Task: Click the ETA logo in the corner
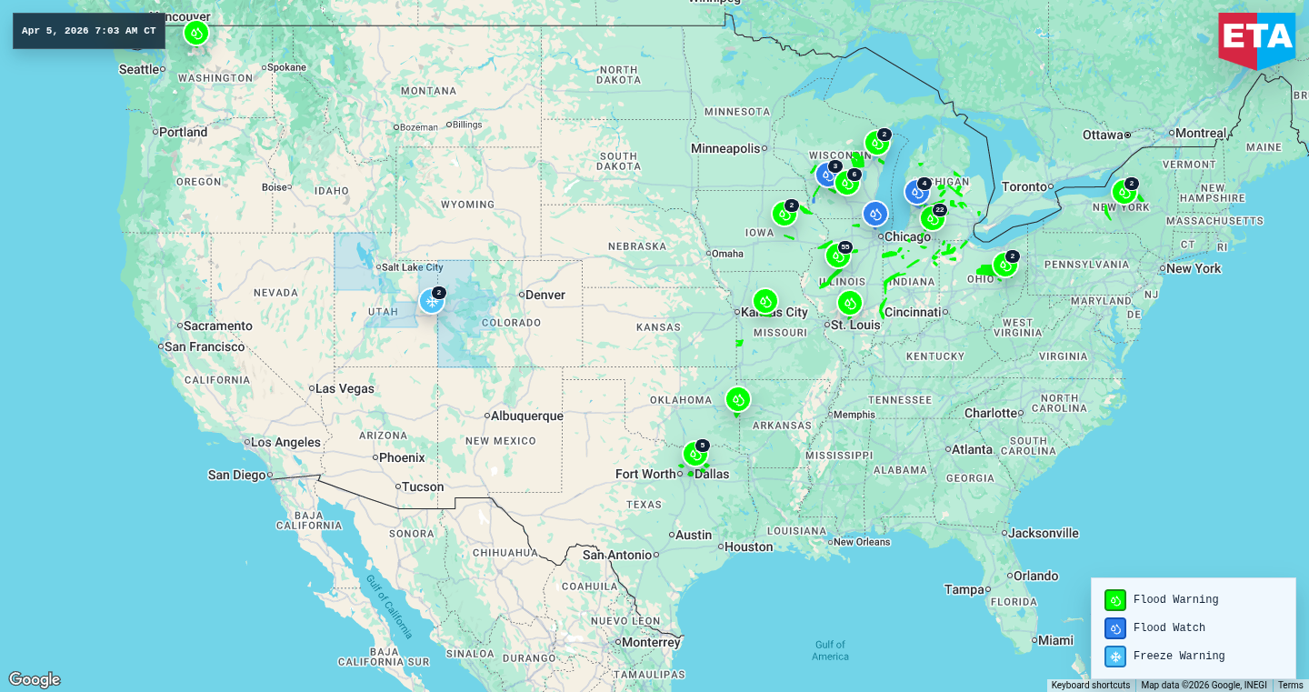pyautogui.click(x=1256, y=39)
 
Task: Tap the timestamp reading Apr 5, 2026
pyautogui.click(x=88, y=31)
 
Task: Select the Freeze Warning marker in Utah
pyautogui.click(x=432, y=301)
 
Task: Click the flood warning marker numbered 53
pyautogui.click(x=837, y=256)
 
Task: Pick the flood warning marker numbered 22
pyautogui.click(x=932, y=218)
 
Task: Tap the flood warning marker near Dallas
pyautogui.click(x=695, y=454)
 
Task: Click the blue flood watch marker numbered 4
pyautogui.click(x=916, y=192)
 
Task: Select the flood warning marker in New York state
pyautogui.click(x=1124, y=192)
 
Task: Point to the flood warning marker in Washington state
pyautogui.click(x=195, y=33)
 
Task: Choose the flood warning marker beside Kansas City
pyautogui.click(x=764, y=301)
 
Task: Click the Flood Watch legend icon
pyautogui.click(x=1114, y=628)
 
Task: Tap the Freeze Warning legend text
pyautogui.click(x=1178, y=657)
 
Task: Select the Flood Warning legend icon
pyautogui.click(x=1114, y=600)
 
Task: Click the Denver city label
pyautogui.click(x=545, y=295)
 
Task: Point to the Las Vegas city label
pyautogui.click(x=345, y=388)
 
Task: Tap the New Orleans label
pyautogui.click(x=861, y=542)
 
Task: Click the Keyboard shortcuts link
pyautogui.click(x=1090, y=686)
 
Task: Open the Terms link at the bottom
pyautogui.click(x=1290, y=686)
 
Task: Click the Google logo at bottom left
pyautogui.click(x=35, y=679)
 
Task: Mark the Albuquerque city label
pyautogui.click(x=526, y=416)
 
